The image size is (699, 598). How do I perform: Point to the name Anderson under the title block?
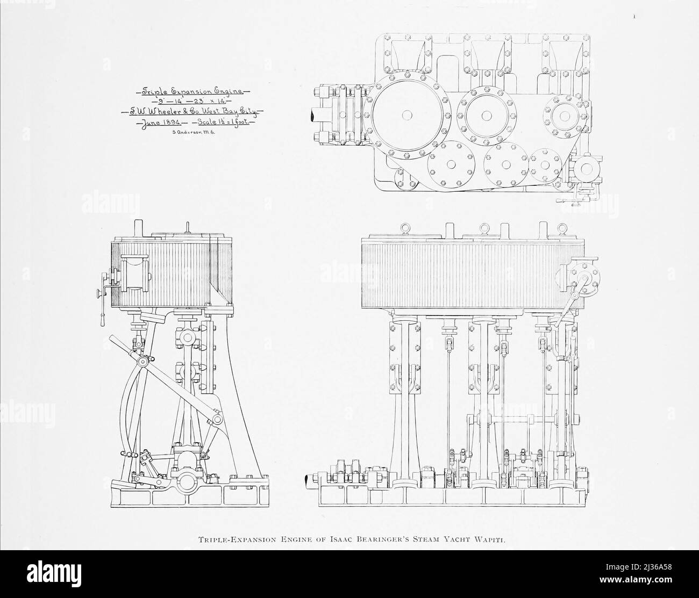[191, 132]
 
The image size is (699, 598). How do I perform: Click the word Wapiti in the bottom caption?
[490, 540]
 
